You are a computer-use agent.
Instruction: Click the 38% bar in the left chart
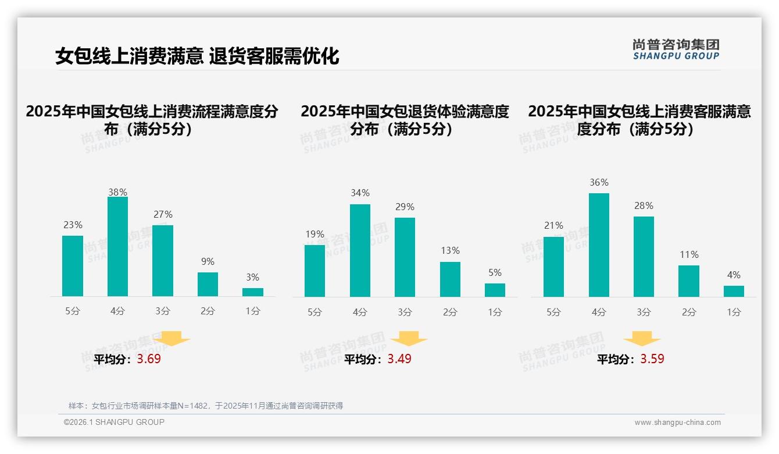(x=117, y=247)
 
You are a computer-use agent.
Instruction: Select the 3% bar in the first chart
(x=253, y=292)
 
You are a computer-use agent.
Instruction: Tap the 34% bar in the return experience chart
(x=360, y=250)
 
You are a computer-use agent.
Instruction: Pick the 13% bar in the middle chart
(x=450, y=279)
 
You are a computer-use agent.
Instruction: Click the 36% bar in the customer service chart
(x=599, y=245)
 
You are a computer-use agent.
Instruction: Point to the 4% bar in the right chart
(x=734, y=291)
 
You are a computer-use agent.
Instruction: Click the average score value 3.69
(x=149, y=359)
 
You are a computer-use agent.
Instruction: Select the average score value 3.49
(x=399, y=359)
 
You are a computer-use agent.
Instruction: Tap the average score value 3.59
(x=652, y=359)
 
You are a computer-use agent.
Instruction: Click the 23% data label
(x=73, y=225)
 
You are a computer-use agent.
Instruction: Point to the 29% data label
(x=405, y=207)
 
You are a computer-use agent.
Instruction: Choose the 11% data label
(x=689, y=255)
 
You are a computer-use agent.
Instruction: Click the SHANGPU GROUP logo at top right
(x=676, y=49)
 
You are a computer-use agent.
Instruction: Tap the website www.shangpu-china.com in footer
(x=677, y=423)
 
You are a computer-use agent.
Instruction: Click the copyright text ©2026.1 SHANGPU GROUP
(x=114, y=422)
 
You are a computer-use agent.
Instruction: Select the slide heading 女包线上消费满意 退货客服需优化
(x=197, y=56)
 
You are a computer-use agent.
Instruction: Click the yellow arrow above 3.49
(x=409, y=339)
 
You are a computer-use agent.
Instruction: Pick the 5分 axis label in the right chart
(x=553, y=312)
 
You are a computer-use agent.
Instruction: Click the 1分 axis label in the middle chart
(x=495, y=312)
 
